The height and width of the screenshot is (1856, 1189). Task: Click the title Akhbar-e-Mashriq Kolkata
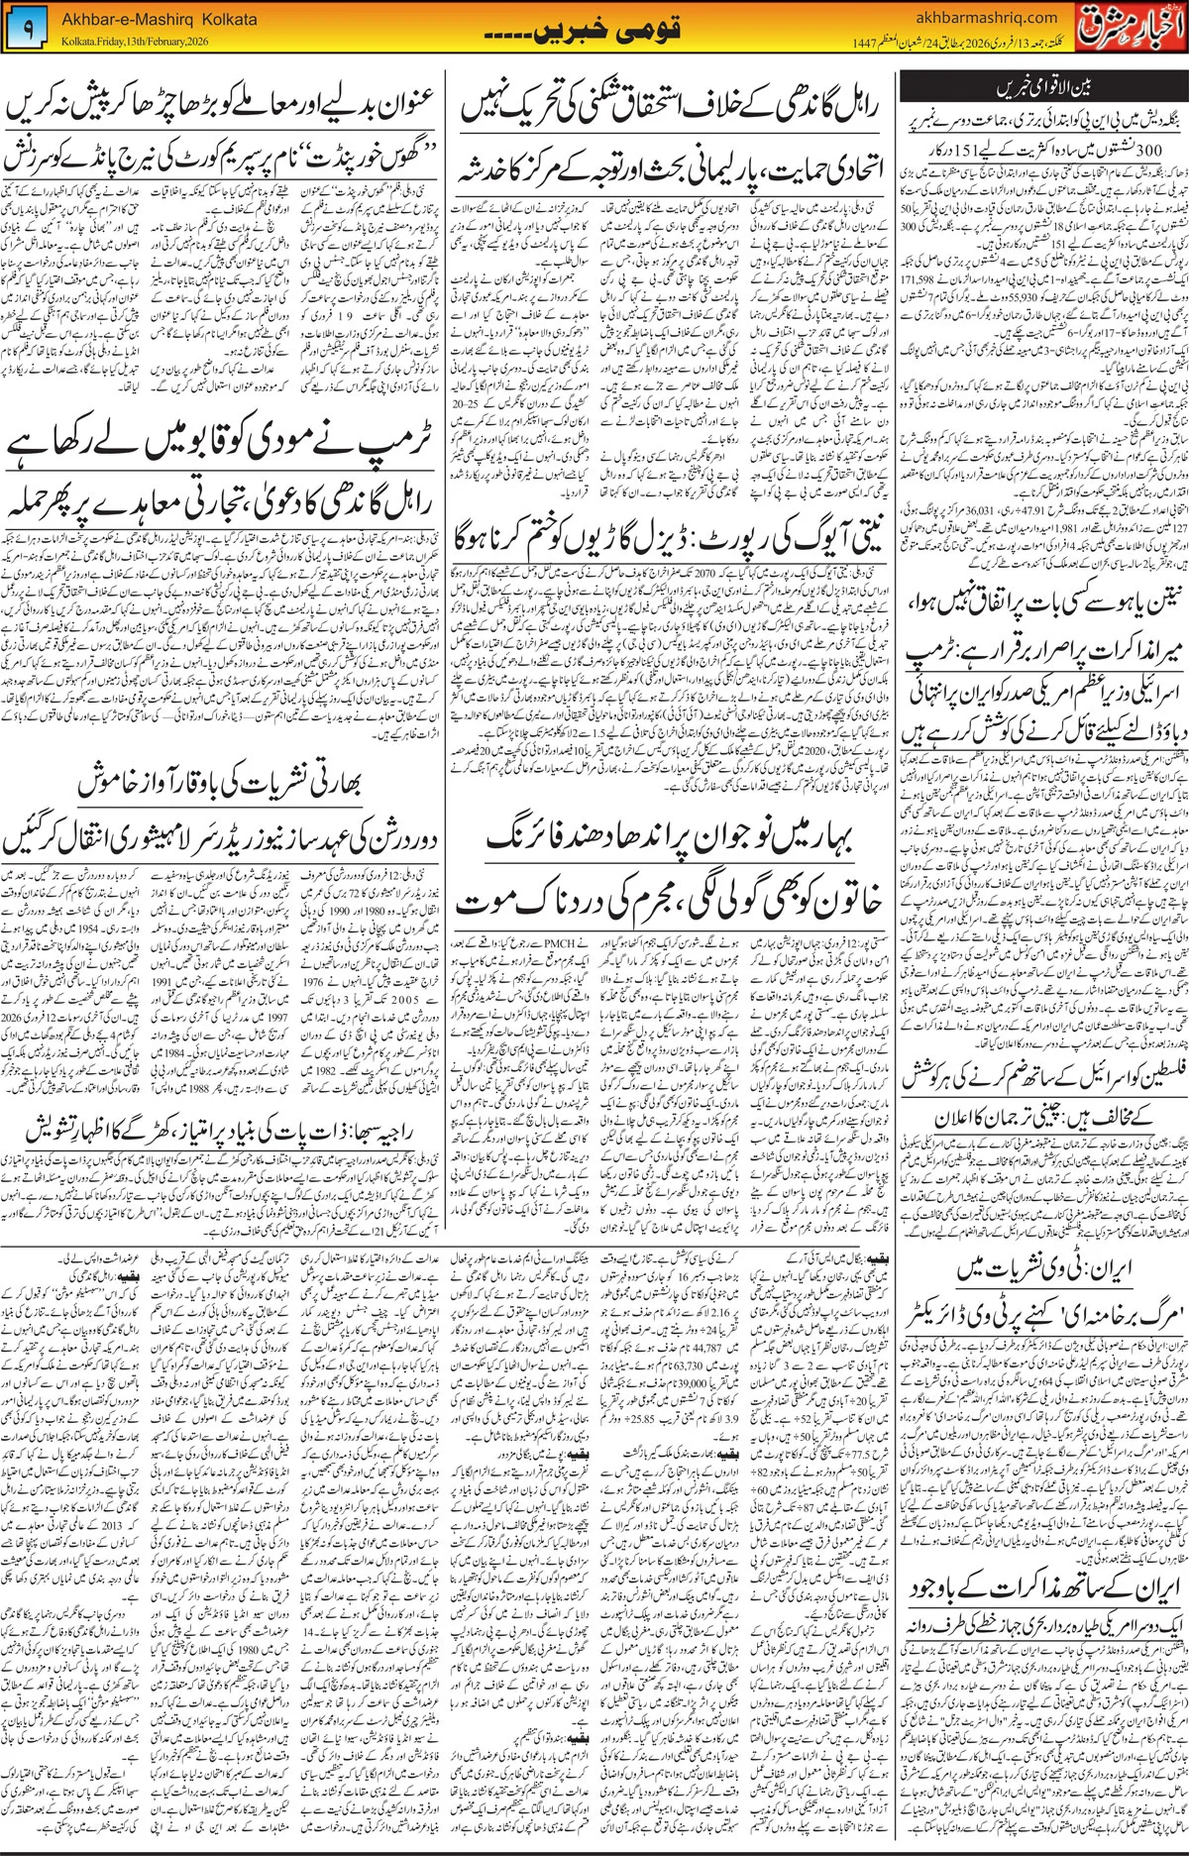click(x=160, y=19)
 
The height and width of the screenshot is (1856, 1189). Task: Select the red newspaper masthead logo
click(x=1131, y=27)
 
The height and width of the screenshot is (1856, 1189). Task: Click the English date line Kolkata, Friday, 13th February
click(x=134, y=41)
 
